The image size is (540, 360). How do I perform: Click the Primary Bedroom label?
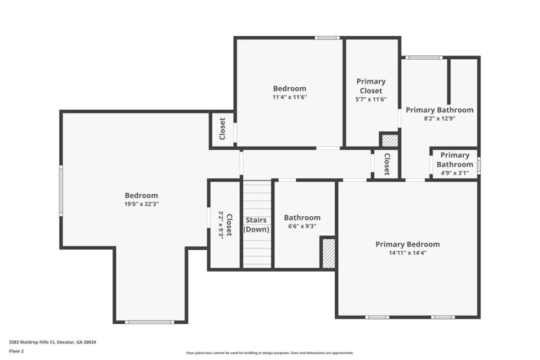[407, 244]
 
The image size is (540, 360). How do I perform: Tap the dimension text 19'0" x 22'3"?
[141, 204]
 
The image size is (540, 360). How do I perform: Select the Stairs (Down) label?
[256, 224]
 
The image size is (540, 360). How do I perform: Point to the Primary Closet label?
[371, 86]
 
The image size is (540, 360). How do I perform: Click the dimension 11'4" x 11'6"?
[290, 97]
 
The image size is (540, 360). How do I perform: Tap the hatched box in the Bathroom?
[328, 253]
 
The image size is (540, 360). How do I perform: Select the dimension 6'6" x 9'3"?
[302, 226]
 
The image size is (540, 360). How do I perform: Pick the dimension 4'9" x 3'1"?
[454, 173]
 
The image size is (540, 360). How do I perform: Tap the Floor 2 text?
[16, 351]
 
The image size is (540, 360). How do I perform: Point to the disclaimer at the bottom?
[269, 353]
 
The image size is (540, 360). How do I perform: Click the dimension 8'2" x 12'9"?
[440, 119]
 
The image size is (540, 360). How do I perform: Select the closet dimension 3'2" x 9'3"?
[221, 224]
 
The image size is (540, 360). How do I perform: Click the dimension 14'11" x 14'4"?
[407, 253]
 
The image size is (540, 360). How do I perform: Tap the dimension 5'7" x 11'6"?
[371, 99]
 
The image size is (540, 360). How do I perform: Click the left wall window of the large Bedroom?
[61, 190]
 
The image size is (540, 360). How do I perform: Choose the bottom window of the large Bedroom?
[149, 322]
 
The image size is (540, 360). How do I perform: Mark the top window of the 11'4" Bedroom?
[327, 38]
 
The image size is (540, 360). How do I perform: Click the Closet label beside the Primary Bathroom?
[387, 164]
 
